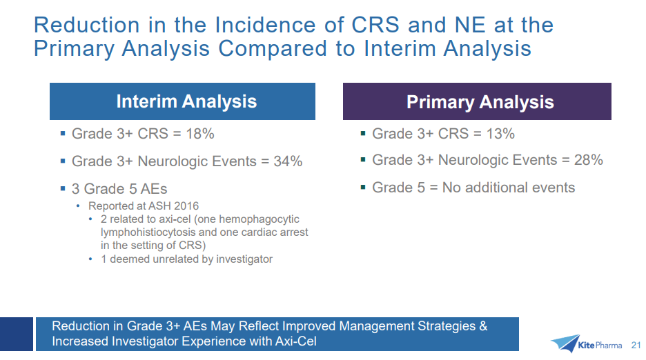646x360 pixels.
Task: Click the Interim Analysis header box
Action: tap(182, 101)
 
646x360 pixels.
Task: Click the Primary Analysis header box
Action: tap(477, 101)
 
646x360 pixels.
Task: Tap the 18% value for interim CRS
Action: tap(200, 134)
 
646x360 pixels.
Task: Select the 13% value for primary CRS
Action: tap(500, 134)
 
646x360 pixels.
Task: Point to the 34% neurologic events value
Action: tap(288, 161)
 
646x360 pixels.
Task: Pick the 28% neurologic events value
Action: tap(588, 160)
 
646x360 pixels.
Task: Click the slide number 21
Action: tap(636, 345)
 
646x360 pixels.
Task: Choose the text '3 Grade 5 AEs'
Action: tap(119, 189)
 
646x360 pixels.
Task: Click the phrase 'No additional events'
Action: tap(509, 188)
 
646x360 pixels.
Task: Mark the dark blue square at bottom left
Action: tap(17, 334)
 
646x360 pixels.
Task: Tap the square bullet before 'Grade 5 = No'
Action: tap(363, 188)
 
